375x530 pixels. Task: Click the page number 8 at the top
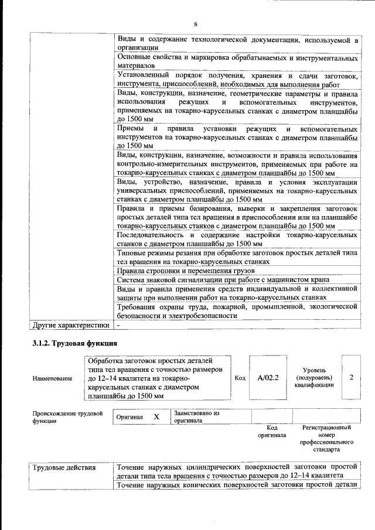coord(196,24)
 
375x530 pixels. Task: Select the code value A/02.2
coord(267,378)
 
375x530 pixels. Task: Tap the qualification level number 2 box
coord(351,378)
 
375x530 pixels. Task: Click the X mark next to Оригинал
coord(156,416)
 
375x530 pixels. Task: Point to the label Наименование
coord(53,378)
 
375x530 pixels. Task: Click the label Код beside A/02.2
coord(240,378)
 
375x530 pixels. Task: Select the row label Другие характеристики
coord(71,324)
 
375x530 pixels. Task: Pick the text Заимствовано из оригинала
coord(196,416)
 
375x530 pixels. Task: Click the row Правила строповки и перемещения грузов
coord(186,271)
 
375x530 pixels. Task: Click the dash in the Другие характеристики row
coord(118,324)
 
